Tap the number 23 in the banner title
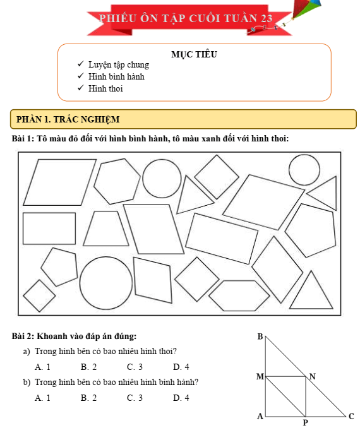[267, 18]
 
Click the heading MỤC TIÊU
[194, 54]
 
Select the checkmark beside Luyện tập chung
[81, 64]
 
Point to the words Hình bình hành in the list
[116, 76]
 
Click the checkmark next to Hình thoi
[81, 88]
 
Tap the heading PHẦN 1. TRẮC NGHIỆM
[68, 119]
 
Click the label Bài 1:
[23, 138]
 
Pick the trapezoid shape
[106, 229]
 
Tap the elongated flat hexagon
[239, 295]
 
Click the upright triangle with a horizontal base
[311, 290]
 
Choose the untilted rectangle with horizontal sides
[49, 229]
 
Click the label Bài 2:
[23, 336]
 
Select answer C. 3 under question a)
[135, 367]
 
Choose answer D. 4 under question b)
[181, 398]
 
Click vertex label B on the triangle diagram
[260, 336]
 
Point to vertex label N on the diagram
[313, 376]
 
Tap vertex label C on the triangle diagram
[351, 416]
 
